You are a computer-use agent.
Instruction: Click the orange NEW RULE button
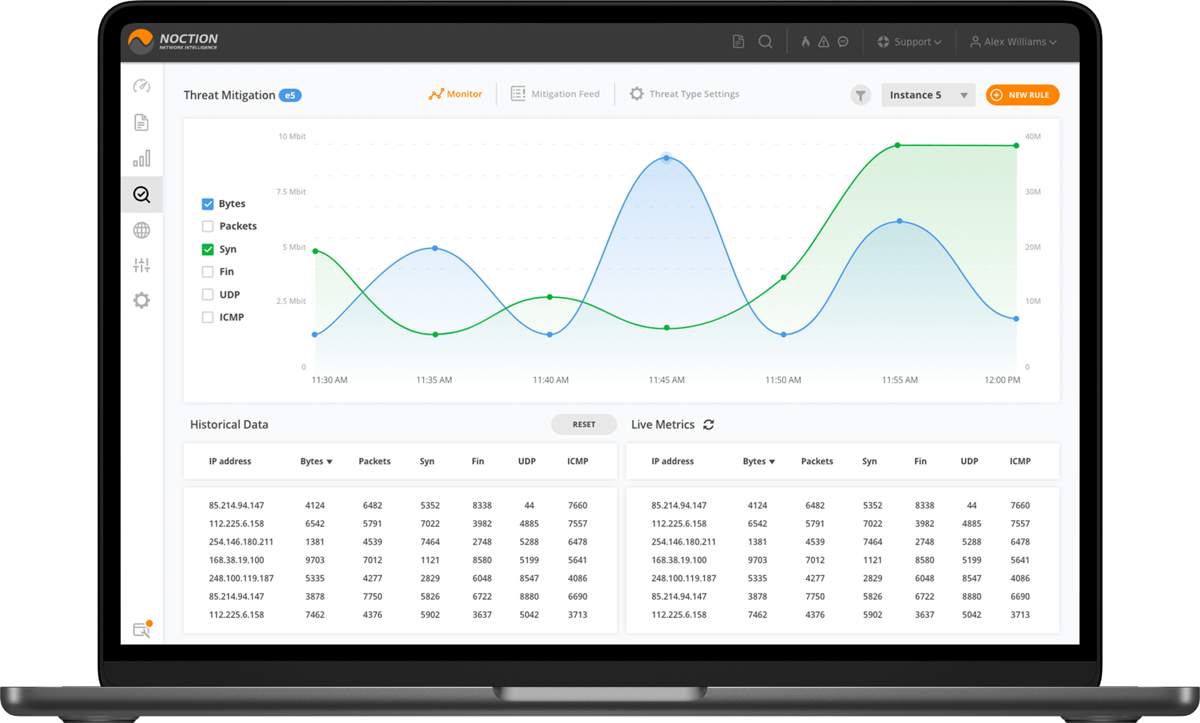[1022, 95]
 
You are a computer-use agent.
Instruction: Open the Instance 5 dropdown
[928, 95]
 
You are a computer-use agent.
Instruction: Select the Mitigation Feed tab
[555, 94]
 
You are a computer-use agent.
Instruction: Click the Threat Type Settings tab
[685, 94]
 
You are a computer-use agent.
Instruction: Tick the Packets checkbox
[208, 226]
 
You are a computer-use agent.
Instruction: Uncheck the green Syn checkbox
[208, 249]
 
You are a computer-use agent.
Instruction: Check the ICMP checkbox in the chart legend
[208, 317]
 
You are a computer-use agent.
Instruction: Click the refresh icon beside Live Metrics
[709, 424]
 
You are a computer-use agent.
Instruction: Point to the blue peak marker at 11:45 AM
[666, 158]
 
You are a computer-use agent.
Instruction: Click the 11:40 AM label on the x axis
[550, 380]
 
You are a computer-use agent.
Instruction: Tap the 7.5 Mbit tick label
[291, 192]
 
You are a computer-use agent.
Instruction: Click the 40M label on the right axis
[1033, 137]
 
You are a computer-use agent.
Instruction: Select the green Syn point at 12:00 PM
[1016, 146]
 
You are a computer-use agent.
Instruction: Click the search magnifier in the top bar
[765, 42]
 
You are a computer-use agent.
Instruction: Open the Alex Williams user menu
[1013, 42]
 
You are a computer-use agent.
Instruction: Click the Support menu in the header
[910, 42]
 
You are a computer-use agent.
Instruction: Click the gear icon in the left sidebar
[142, 300]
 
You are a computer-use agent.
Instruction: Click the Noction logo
[173, 41]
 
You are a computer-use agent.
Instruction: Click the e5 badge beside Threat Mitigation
[290, 95]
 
